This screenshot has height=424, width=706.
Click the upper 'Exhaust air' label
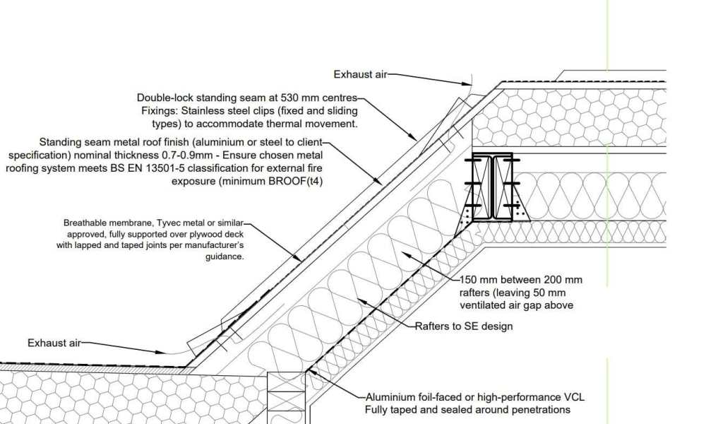coord(360,74)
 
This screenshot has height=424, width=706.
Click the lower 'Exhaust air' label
coord(54,343)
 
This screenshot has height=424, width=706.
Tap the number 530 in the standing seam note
coord(289,98)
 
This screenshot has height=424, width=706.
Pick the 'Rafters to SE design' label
coord(463,326)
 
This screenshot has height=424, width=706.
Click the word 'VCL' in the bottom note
coord(574,397)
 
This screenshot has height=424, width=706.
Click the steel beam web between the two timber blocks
coord(493,187)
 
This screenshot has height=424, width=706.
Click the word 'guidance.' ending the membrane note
coord(225,257)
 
